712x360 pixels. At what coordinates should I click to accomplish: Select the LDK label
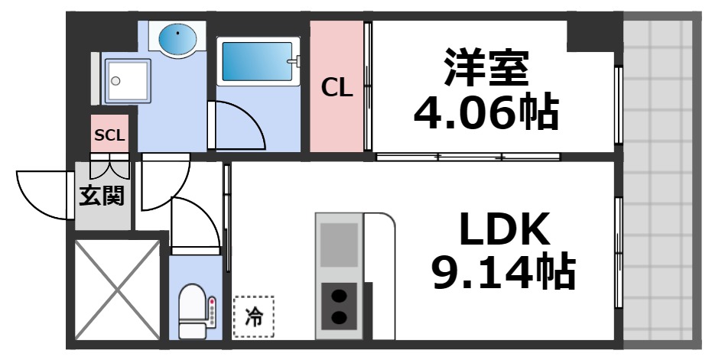[x=504, y=230]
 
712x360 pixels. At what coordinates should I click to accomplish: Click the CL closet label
[x=336, y=89]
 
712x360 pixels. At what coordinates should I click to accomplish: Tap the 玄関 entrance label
[x=102, y=197]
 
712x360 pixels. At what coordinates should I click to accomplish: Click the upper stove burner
[x=338, y=295]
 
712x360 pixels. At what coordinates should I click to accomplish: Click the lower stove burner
[x=338, y=317]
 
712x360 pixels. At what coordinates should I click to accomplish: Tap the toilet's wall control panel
[x=213, y=311]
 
